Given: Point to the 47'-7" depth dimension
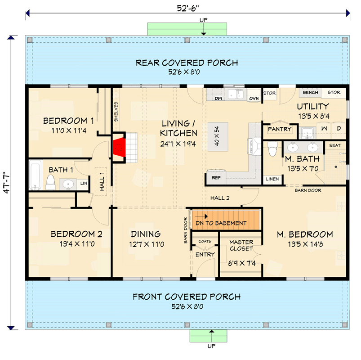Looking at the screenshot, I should (x=6, y=183).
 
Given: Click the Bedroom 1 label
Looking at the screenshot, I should (x=68, y=121).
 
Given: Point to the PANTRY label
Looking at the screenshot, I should (x=280, y=129).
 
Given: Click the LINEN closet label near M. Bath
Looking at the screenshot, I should (x=272, y=179).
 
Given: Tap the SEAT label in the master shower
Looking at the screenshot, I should (x=335, y=145).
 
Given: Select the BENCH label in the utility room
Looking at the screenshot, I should (x=311, y=93).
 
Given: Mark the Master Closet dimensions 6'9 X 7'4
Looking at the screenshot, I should (x=241, y=263).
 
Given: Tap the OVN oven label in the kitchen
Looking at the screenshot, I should (x=254, y=98).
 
